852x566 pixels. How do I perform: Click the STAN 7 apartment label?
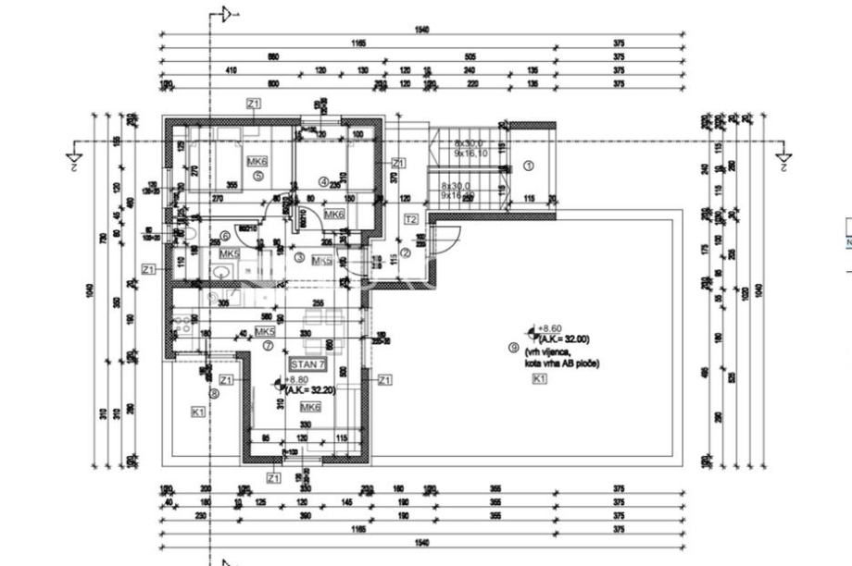pyautogui.click(x=307, y=364)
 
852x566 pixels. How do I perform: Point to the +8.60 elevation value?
pyautogui.click(x=550, y=328)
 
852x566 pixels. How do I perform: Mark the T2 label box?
pyautogui.click(x=411, y=219)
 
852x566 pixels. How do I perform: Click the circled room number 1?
pyautogui.click(x=529, y=166)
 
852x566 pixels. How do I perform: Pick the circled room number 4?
pyautogui.click(x=323, y=181)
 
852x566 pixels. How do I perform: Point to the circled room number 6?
pyautogui.click(x=224, y=236)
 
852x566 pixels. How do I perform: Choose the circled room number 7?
pyautogui.click(x=269, y=346)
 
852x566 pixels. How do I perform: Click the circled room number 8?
pyautogui.click(x=214, y=393)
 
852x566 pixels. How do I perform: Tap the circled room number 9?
pyautogui.click(x=513, y=348)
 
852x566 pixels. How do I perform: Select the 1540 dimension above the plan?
pyautogui.click(x=422, y=31)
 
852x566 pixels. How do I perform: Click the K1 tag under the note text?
pyautogui.click(x=540, y=378)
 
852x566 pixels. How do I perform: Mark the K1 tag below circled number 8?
pyautogui.click(x=197, y=412)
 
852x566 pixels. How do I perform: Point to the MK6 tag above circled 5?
pyautogui.click(x=257, y=161)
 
